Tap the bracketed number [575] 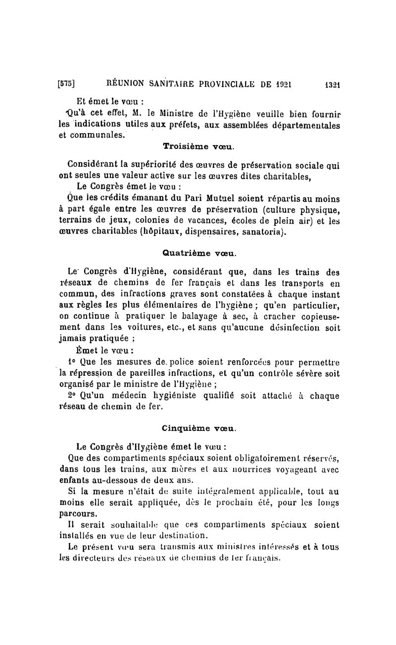pyautogui.click(x=66, y=84)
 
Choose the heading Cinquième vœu pyautogui.click(x=199, y=426)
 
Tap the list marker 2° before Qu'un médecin pyautogui.click(x=71, y=396)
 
